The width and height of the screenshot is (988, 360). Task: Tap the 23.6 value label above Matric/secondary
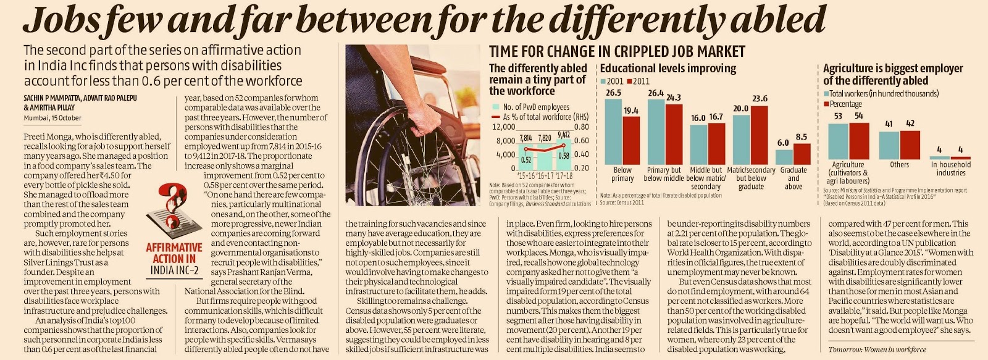[x=760, y=98]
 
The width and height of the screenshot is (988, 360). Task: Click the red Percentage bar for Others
[x=910, y=144]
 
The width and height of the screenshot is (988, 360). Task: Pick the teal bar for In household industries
[x=939, y=157]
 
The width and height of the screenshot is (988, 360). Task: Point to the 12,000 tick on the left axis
[x=503, y=127]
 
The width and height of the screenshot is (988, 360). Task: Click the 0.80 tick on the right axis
[x=581, y=127]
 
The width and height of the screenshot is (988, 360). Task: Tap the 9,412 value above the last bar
[x=563, y=135]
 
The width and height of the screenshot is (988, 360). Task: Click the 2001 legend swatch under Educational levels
[x=603, y=82]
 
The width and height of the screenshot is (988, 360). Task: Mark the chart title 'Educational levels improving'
[x=668, y=68]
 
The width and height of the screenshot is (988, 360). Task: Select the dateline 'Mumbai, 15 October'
[x=52, y=118]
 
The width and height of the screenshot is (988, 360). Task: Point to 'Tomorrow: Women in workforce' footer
[x=877, y=350]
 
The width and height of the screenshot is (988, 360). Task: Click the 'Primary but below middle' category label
[x=664, y=174]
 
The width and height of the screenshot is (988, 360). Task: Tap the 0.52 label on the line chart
[x=525, y=160]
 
